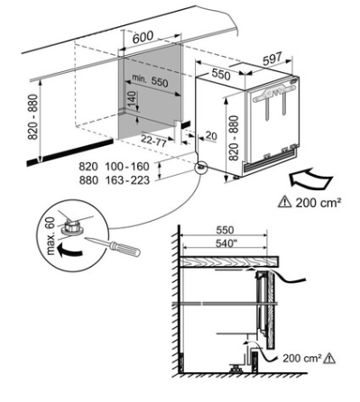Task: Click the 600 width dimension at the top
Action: point(143,38)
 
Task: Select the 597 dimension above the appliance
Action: point(272,59)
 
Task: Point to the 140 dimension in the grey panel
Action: point(132,99)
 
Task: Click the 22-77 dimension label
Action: point(153,141)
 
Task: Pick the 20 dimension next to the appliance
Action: point(211,136)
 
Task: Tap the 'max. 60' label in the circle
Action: point(51,236)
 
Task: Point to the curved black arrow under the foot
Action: point(69,250)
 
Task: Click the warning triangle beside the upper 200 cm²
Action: point(284,202)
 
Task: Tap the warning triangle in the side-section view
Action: point(328,358)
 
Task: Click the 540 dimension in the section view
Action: point(225,242)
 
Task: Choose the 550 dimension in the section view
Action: point(225,230)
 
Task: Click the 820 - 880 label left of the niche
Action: point(33,117)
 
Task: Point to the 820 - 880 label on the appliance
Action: point(234,138)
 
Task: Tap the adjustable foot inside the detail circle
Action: point(72,227)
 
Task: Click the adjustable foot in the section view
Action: point(236,368)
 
